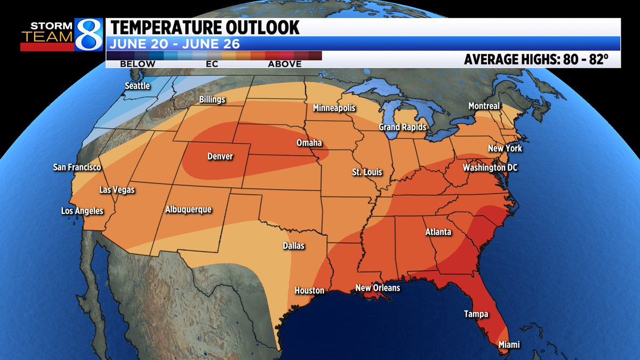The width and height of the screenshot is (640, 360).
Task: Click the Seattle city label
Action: [x=138, y=86]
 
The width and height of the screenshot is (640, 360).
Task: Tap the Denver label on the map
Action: [x=220, y=157]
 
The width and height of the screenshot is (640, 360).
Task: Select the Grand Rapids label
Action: [x=403, y=127]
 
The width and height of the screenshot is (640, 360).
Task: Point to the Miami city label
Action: [x=509, y=345]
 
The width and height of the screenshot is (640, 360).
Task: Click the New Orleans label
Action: [x=378, y=288]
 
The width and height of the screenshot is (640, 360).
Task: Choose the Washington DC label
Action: [x=490, y=167]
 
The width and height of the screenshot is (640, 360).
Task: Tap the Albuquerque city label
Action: [x=188, y=210]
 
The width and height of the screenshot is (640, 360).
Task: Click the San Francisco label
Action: [x=77, y=167]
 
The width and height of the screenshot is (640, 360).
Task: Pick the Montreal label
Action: [x=484, y=106]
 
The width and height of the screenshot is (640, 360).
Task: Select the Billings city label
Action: [x=212, y=100]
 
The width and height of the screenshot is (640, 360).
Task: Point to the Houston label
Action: [x=309, y=291]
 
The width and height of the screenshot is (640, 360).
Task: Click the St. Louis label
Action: [x=365, y=172]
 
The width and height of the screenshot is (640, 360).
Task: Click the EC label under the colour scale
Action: [x=212, y=64]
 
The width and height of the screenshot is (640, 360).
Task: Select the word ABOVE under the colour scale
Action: [x=284, y=64]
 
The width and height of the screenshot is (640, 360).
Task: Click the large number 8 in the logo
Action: [x=88, y=35]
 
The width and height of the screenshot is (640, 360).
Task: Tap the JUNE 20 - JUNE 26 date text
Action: [x=173, y=44]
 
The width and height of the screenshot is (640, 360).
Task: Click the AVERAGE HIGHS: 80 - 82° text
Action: [x=536, y=59]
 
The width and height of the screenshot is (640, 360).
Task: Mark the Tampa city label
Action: [x=476, y=314]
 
